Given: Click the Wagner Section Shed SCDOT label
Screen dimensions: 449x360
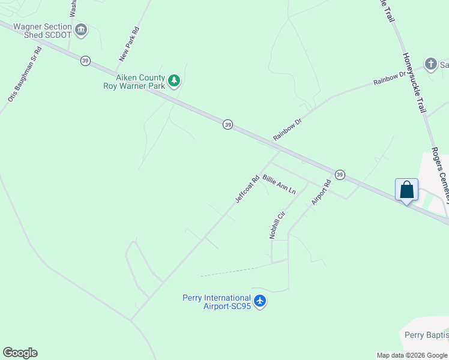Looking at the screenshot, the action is (x=42, y=31).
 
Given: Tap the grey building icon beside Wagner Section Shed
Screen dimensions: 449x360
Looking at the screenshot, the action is (x=81, y=28).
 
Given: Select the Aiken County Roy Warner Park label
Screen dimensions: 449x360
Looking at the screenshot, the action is (x=134, y=82).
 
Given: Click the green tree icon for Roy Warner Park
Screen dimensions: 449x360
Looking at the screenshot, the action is (x=174, y=80).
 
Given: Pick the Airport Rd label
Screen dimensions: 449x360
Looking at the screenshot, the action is (x=321, y=192).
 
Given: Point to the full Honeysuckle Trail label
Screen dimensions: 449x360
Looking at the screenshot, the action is (x=414, y=83).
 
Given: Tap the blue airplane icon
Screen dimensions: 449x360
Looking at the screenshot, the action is (x=259, y=300).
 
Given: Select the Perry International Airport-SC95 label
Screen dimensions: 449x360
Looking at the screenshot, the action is (x=216, y=302).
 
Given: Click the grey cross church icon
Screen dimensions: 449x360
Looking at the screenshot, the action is (x=430, y=64).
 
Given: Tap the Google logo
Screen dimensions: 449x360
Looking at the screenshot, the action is (x=20, y=353).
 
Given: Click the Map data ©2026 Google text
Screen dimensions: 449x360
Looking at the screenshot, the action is (x=412, y=355).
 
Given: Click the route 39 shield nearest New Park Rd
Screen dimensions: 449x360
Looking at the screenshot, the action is (x=86, y=61).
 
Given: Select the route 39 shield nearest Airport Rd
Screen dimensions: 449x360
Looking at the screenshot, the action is (x=340, y=174).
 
